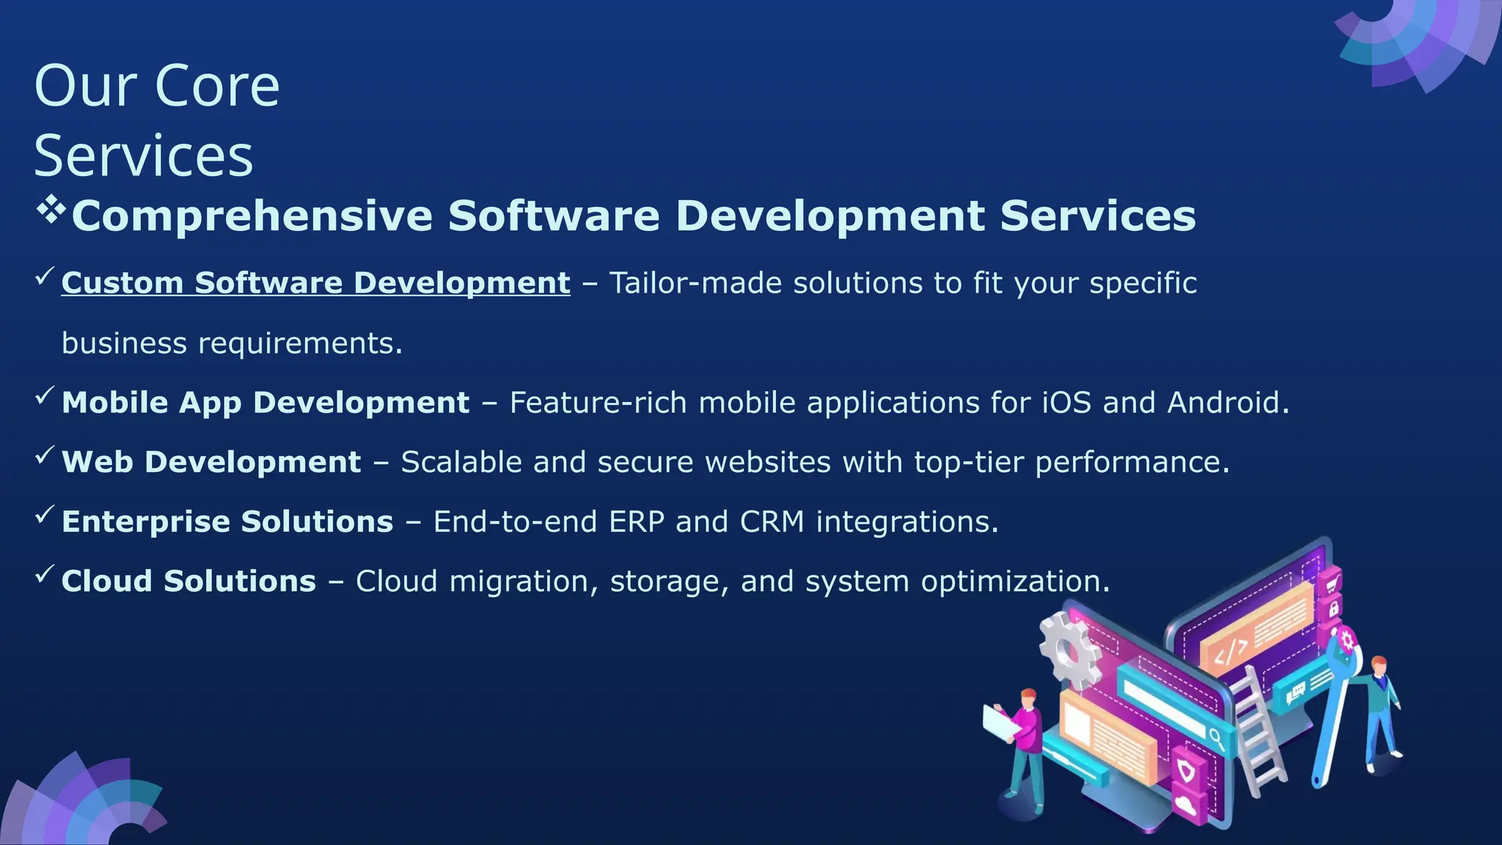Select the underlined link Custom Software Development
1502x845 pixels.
point(315,283)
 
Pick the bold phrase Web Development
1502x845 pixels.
point(211,462)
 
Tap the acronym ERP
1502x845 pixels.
point(637,522)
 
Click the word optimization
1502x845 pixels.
point(1015,582)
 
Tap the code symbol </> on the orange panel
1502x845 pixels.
point(1231,650)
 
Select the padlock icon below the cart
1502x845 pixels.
point(1333,608)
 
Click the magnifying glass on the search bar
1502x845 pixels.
point(1216,736)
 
